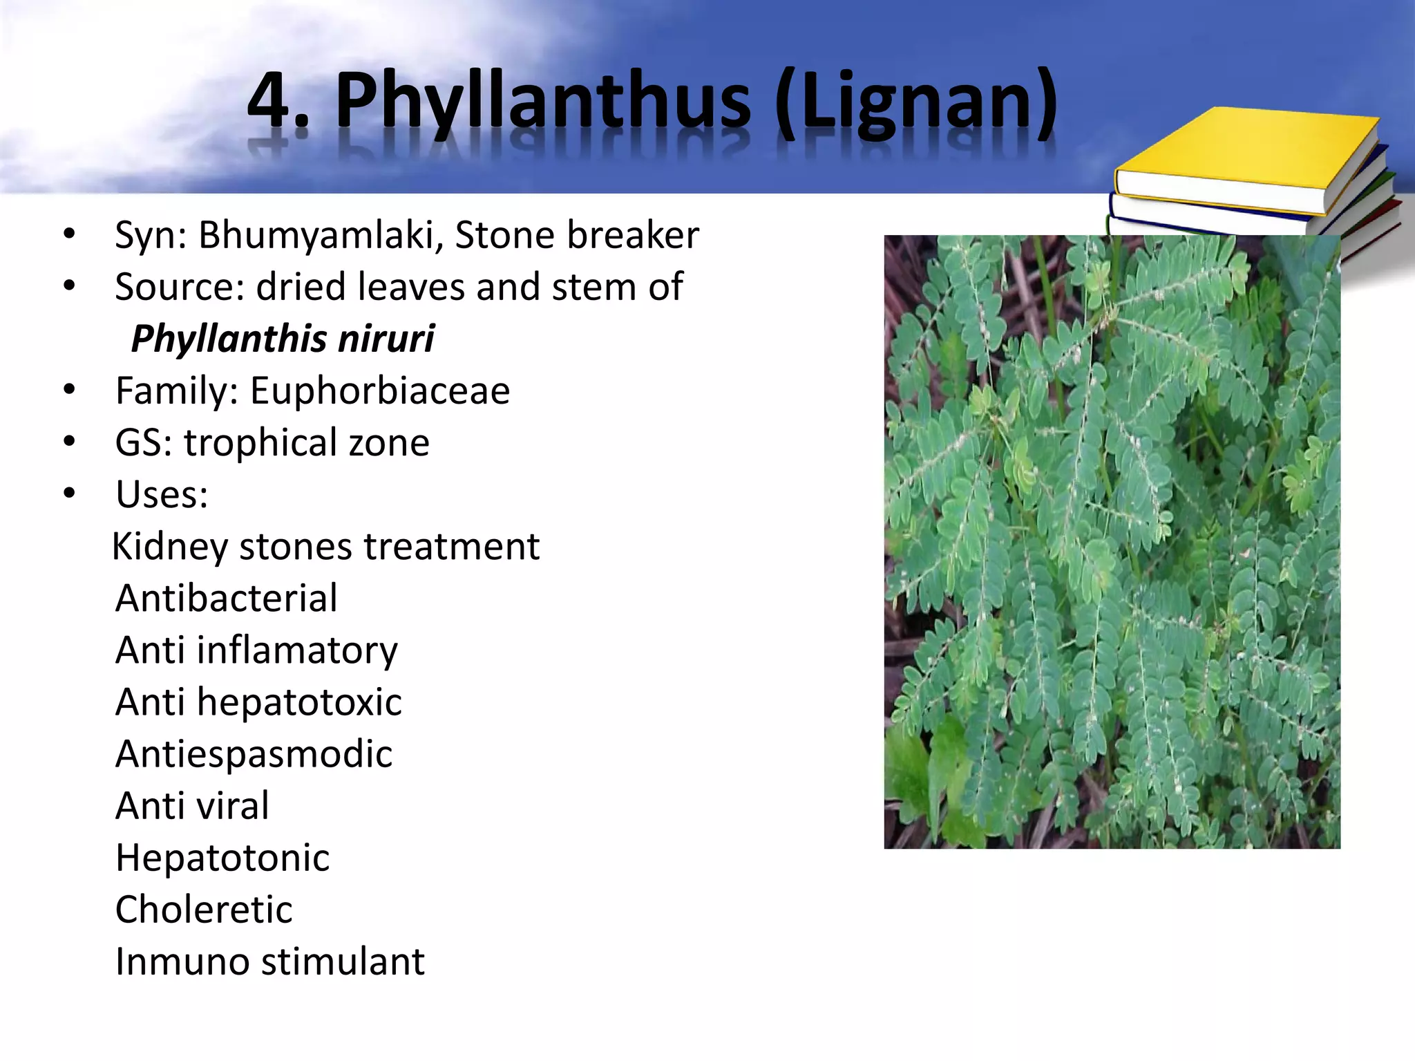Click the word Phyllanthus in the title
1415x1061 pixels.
pos(542,102)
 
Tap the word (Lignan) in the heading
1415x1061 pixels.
pos(916,102)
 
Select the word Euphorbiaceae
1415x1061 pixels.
pos(380,391)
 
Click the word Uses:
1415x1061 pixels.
pos(162,495)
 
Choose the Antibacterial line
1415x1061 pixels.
pos(227,599)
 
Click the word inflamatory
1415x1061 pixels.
pos(297,650)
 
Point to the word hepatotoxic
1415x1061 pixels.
pos(299,702)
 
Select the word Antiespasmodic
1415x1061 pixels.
pos(254,754)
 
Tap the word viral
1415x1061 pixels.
pos(233,806)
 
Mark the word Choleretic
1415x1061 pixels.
pos(204,910)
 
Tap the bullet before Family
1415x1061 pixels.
pos(68,391)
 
